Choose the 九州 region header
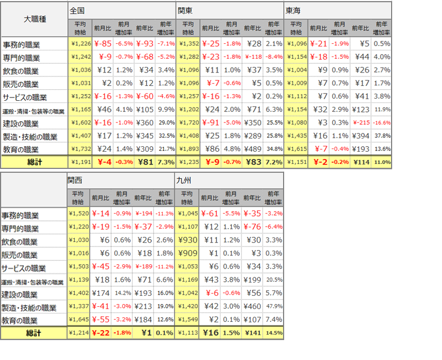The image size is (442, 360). click(183, 181)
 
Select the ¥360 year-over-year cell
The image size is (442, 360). click(145, 123)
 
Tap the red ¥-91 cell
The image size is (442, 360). click(210, 123)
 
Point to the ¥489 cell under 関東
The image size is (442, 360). click(253, 150)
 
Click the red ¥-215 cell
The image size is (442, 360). click(361, 123)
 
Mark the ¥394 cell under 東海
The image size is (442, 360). click(361, 136)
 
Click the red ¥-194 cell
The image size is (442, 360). click(143, 214)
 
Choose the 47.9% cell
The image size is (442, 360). click(273, 307)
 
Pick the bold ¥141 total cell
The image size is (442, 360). click(252, 333)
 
